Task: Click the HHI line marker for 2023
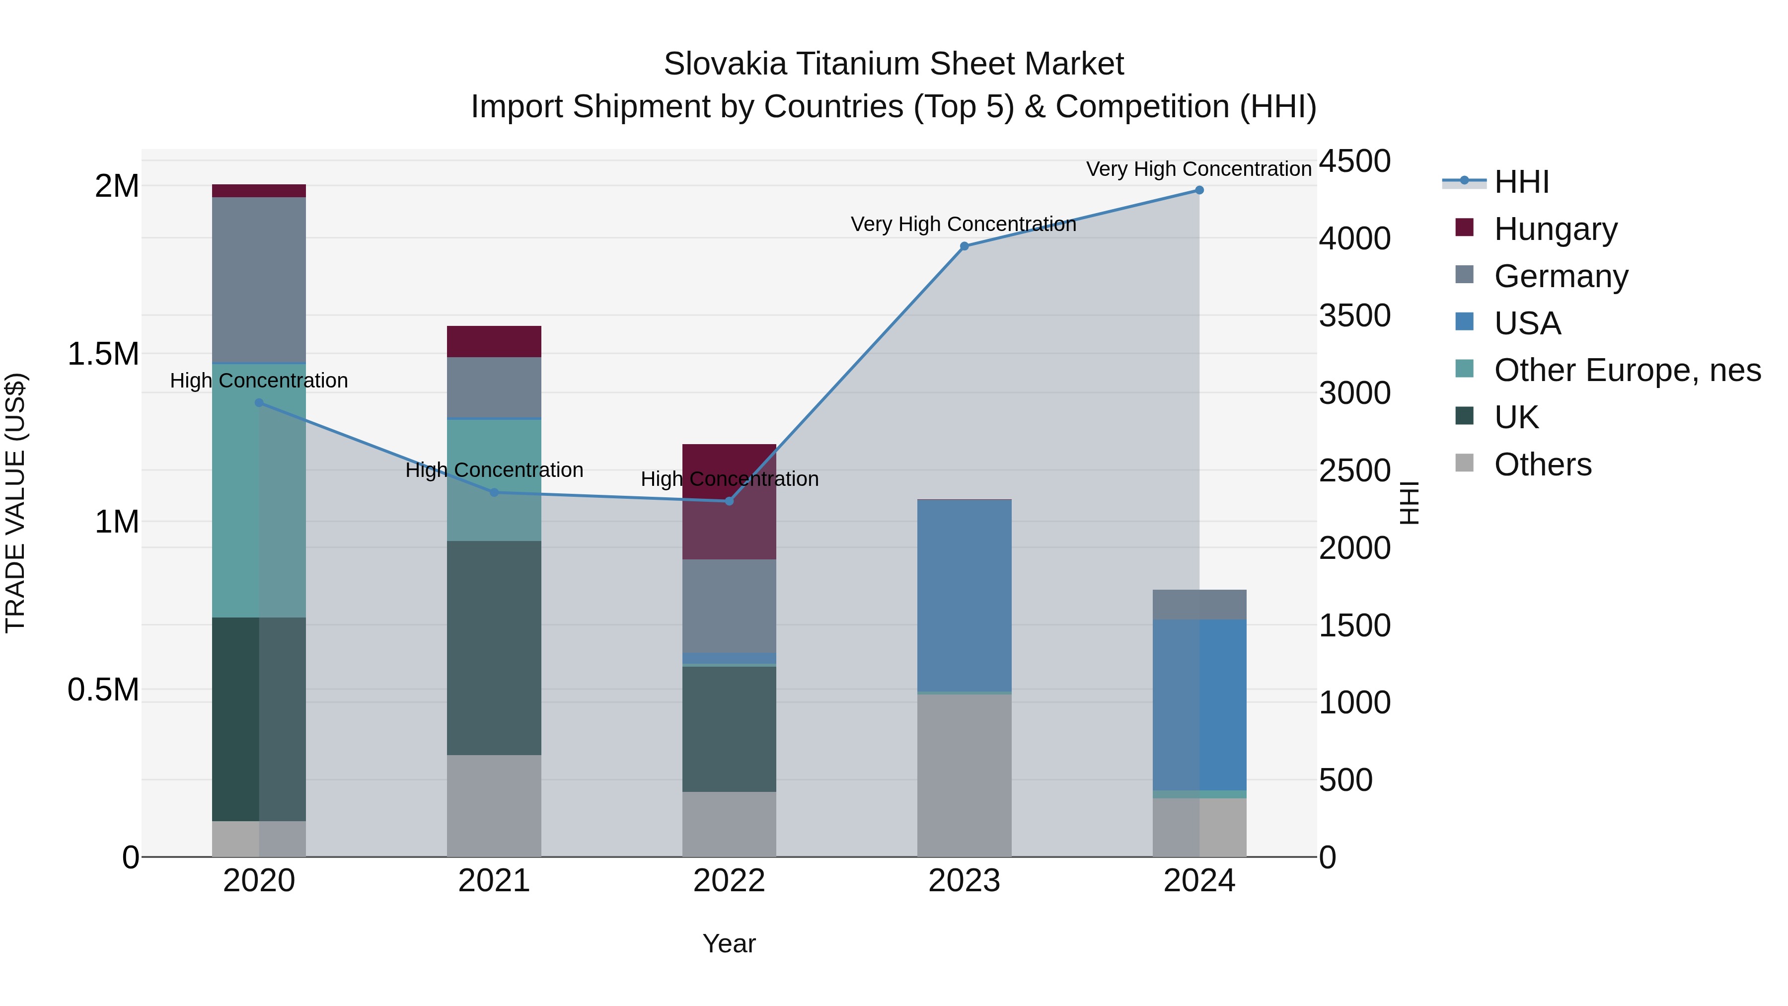[x=964, y=246]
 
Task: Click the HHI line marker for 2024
[x=1199, y=190]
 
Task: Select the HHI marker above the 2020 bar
[x=259, y=403]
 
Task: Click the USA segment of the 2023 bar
[x=964, y=595]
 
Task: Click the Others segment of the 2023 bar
[x=964, y=775]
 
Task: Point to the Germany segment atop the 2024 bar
[x=1199, y=604]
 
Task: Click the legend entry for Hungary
[x=1555, y=229]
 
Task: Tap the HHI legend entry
[x=1520, y=182]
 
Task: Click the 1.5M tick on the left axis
[x=103, y=354]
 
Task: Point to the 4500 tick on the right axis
[x=1354, y=161]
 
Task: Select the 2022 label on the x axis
[x=729, y=881]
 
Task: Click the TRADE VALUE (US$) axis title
[x=15, y=503]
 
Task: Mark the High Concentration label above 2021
[x=494, y=470]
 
